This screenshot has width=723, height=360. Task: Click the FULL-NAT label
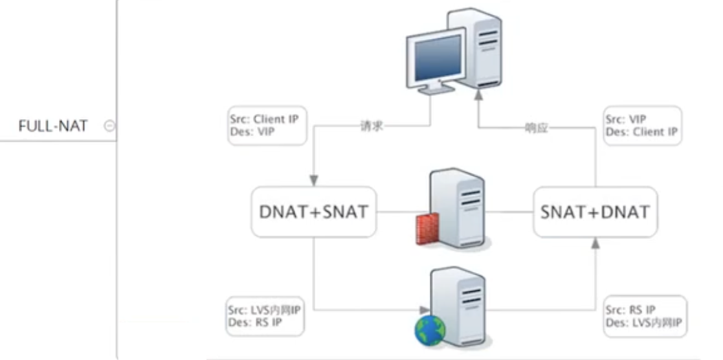point(52,126)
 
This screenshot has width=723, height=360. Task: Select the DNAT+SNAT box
point(313,211)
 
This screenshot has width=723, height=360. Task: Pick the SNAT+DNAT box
point(595,211)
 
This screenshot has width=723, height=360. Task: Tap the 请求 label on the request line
point(372,126)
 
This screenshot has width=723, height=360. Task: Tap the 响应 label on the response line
point(536,127)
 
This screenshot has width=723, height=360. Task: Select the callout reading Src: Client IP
point(266,126)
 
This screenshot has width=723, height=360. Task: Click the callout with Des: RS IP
point(265,316)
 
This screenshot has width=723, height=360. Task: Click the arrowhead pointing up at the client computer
point(478,95)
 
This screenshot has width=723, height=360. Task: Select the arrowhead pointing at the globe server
point(424,309)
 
